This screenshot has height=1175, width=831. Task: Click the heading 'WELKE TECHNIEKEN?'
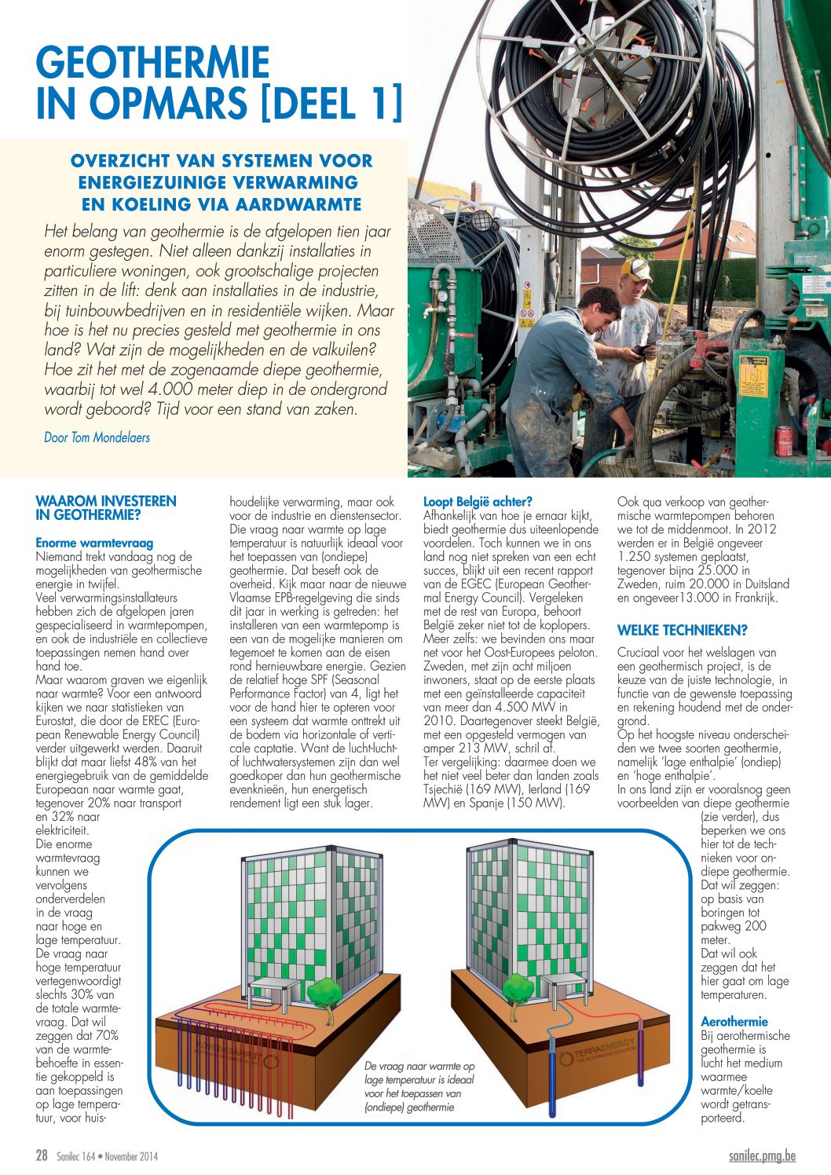point(682,630)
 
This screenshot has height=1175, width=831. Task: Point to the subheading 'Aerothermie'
point(734,1021)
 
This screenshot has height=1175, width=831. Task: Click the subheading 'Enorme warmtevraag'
point(94,543)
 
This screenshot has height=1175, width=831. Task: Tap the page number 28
point(42,1155)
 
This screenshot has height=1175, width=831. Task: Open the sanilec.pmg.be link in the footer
point(762,1155)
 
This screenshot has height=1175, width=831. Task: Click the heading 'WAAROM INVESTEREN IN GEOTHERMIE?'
point(106,508)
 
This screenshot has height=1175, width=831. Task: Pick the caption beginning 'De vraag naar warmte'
point(419,1086)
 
